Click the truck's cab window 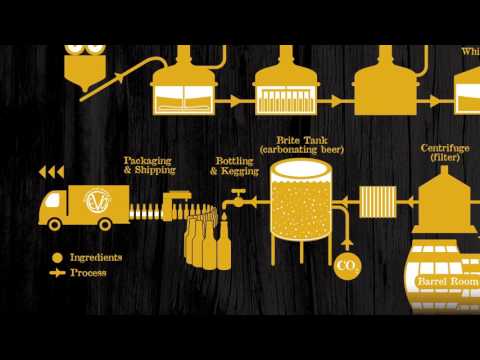point(53,200)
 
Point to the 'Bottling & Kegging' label point(236,165)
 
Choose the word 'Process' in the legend point(89,272)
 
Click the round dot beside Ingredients point(58,257)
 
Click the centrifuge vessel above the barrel point(446,200)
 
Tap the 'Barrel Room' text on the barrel point(446,282)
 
